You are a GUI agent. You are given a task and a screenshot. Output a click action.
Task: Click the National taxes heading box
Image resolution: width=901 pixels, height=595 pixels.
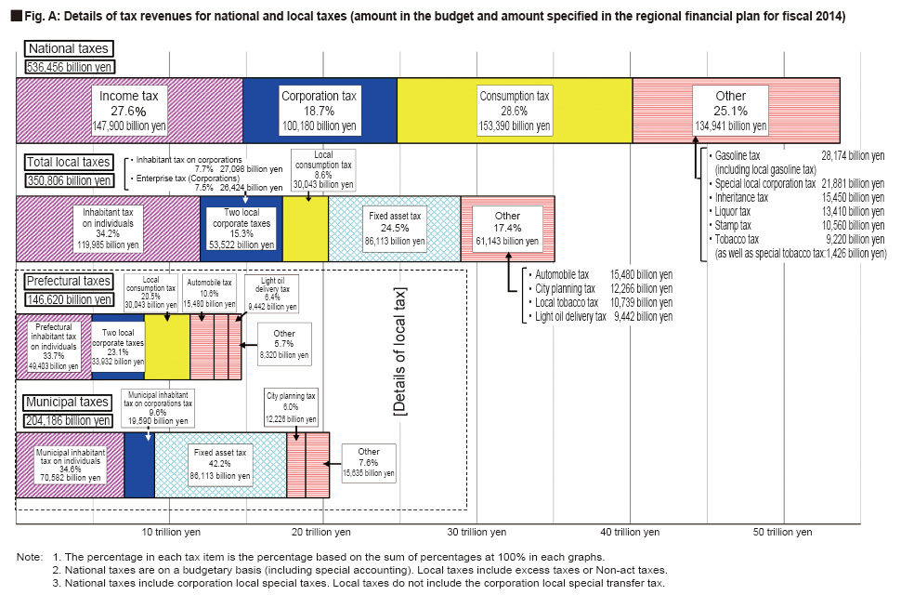click(69, 49)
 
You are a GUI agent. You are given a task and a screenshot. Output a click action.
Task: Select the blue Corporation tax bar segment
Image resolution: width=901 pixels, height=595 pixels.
click(320, 111)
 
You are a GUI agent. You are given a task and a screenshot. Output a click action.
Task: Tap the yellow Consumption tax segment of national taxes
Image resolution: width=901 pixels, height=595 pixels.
click(515, 111)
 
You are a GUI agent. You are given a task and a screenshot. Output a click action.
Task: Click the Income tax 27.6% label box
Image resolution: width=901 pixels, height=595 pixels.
click(129, 111)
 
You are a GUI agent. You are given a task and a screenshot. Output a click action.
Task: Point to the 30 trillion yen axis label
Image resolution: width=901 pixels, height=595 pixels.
click(477, 533)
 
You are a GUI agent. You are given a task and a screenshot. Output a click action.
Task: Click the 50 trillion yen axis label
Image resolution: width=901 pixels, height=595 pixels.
click(783, 533)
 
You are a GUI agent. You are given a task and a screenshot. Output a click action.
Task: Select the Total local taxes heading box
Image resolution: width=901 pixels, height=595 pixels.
click(69, 162)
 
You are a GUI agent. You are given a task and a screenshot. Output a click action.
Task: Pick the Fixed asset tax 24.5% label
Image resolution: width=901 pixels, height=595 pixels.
click(395, 228)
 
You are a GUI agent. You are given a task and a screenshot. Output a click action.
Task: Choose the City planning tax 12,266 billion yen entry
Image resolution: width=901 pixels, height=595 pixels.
click(600, 288)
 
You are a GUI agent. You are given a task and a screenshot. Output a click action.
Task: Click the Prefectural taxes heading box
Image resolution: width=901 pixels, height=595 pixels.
click(69, 281)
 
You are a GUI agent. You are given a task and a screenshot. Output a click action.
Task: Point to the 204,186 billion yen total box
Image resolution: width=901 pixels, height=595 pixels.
click(69, 420)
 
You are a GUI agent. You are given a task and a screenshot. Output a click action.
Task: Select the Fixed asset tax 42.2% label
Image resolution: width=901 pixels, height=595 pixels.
click(220, 464)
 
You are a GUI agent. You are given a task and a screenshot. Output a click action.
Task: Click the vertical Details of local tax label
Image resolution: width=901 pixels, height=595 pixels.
click(399, 350)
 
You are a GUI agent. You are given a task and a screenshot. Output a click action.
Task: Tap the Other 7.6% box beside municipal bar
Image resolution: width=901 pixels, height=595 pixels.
click(369, 463)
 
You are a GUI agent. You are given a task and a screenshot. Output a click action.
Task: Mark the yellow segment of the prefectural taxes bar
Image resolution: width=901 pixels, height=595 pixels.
click(167, 347)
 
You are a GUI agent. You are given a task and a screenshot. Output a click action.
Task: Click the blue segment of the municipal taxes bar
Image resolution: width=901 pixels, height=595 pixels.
click(139, 465)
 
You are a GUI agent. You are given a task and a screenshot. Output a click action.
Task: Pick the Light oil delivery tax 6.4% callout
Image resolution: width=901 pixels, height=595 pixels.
click(272, 294)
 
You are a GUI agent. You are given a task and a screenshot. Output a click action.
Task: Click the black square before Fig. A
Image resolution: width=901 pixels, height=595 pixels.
click(17, 16)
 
